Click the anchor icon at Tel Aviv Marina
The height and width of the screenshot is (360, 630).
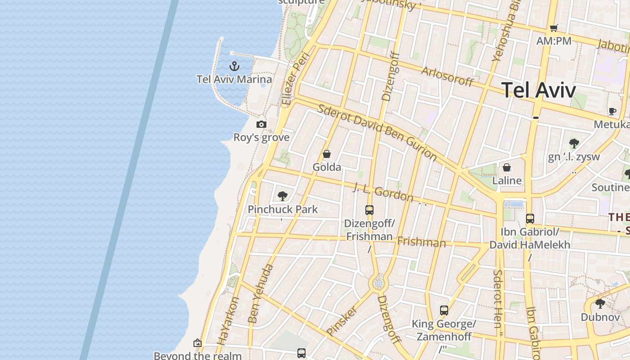234,67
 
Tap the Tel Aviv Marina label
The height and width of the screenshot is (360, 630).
234,80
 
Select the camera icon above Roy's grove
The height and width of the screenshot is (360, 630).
261,125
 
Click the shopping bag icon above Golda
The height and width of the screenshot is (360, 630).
327,154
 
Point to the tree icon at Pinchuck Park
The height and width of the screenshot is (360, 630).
283,196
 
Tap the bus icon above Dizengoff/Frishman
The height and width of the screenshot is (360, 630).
369,210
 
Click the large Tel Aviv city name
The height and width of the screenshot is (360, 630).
538,90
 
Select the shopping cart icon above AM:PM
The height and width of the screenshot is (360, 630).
554,28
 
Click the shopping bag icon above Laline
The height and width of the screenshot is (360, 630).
507,168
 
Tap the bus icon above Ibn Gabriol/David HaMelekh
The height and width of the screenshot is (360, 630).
530,219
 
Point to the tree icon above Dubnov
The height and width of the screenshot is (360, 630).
600,303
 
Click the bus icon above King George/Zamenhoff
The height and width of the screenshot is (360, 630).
444,310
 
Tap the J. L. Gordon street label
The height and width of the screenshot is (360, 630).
383,192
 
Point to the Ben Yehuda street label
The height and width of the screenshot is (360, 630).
261,294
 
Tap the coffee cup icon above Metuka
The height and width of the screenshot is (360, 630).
612,111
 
